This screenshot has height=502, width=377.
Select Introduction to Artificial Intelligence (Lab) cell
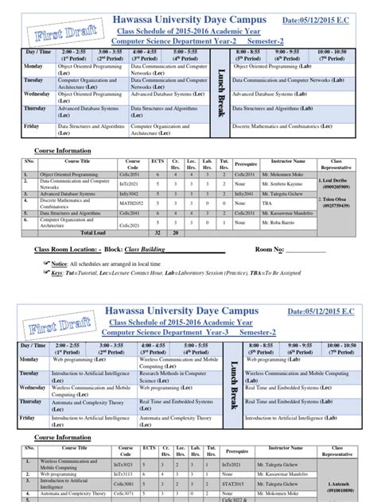point(291,417)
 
